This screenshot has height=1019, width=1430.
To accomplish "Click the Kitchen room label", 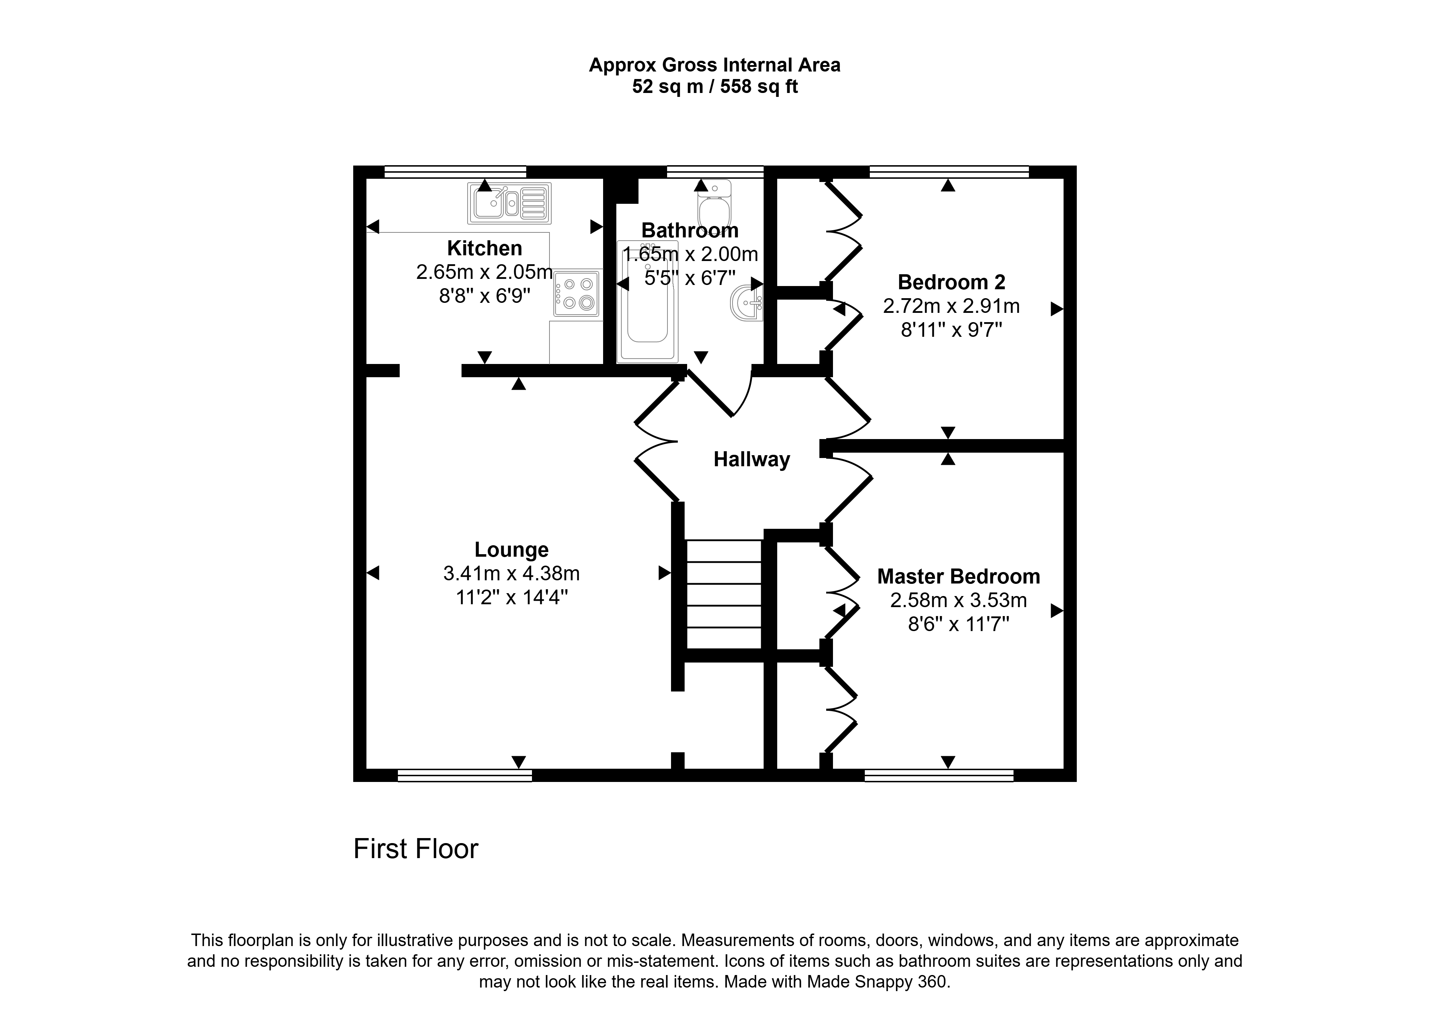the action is click(484, 248).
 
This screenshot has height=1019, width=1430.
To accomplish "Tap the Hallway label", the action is click(751, 459).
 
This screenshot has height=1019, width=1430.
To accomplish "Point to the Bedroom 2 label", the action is click(951, 282).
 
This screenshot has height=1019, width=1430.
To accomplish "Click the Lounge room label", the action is click(511, 550).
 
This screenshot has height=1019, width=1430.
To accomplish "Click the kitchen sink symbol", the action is click(509, 203).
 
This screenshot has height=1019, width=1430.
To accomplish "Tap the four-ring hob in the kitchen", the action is click(577, 294).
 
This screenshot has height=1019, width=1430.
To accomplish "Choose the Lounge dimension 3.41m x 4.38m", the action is click(511, 574).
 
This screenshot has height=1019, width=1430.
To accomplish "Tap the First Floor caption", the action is click(416, 849).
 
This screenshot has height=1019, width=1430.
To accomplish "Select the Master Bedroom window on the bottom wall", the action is click(939, 776).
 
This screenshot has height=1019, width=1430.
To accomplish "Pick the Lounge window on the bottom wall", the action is click(465, 776).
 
